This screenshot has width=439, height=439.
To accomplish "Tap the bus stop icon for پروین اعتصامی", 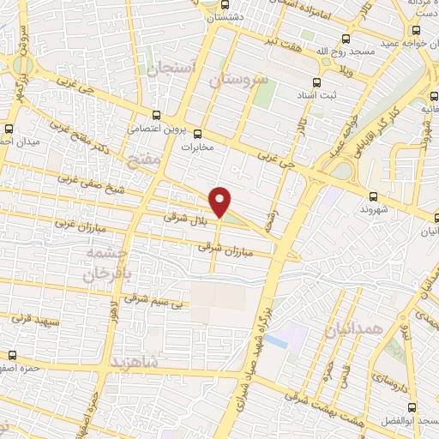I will coord(155,115).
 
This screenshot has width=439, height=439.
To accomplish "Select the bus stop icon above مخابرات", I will coord(198,134).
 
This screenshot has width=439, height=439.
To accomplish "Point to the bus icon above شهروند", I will coord(374,196).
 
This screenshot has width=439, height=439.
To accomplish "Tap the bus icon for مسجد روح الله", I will coord(346,39).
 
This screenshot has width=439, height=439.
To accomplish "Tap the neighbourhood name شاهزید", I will coord(135,361).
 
